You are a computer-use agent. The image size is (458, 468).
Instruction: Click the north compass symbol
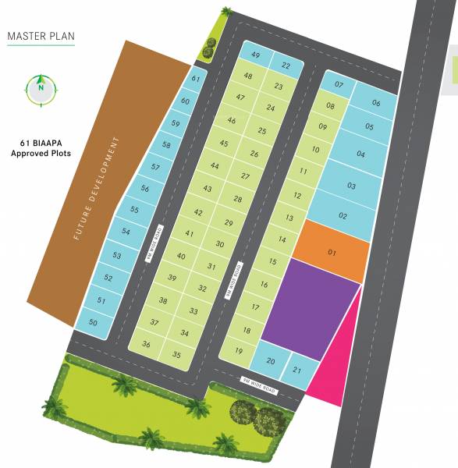point(41,89)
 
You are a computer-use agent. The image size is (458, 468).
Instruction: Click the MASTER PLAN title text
point(41,36)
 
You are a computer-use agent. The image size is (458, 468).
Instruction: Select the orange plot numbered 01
point(332,252)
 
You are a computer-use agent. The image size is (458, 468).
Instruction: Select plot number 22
point(286,65)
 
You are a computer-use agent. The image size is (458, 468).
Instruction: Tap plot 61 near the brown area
point(196,79)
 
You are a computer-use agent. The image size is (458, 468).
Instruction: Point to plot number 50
point(93,322)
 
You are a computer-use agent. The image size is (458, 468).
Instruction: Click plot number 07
point(339,84)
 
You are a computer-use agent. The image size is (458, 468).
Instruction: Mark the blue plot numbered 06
point(376,103)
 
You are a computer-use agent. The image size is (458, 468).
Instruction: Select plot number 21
point(296,370)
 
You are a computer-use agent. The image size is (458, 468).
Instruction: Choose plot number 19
point(238,351)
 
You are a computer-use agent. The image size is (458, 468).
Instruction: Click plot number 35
point(177,355)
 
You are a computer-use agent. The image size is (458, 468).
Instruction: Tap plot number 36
point(146,344)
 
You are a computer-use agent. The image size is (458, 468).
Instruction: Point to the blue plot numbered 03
point(351,186)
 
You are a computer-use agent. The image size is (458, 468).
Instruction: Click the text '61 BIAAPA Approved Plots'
point(41,148)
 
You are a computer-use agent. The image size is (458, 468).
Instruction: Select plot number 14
point(282,239)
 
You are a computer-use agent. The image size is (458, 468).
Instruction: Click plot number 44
point(215,165)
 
